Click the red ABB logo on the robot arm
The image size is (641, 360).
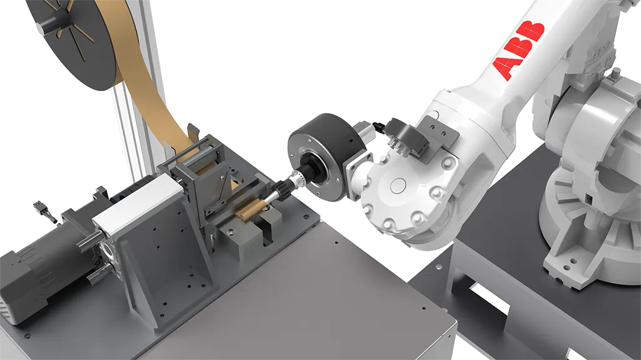[518, 50]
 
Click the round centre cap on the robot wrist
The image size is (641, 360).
[399, 187]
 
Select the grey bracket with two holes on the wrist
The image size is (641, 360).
[440, 130]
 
